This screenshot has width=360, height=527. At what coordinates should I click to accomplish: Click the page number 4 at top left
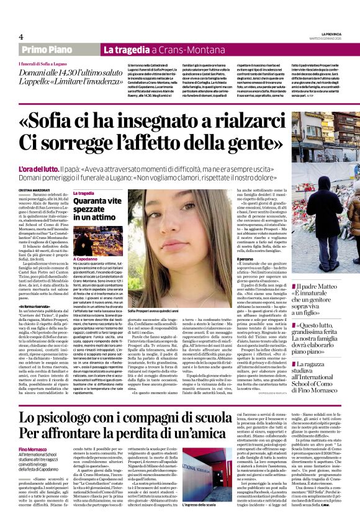(x=21, y=37)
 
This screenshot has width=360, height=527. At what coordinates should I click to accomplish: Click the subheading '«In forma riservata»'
(x=37, y=307)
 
